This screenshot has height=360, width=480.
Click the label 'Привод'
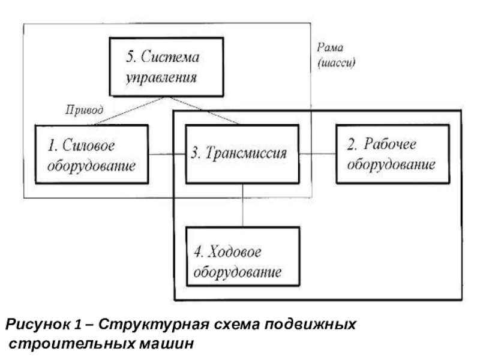84,110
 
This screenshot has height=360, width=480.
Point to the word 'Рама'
330,47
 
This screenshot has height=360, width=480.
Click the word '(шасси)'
337,62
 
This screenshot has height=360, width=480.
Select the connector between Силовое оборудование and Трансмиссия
167,154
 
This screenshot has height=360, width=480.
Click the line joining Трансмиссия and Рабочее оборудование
318,154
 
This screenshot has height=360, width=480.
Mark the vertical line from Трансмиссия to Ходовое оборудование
243,205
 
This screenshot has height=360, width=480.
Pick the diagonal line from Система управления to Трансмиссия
205,110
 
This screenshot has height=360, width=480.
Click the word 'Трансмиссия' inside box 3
246,153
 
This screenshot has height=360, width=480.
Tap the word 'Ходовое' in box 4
235,252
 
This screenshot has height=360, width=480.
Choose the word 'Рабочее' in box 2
390,144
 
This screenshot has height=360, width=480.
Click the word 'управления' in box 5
161,78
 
